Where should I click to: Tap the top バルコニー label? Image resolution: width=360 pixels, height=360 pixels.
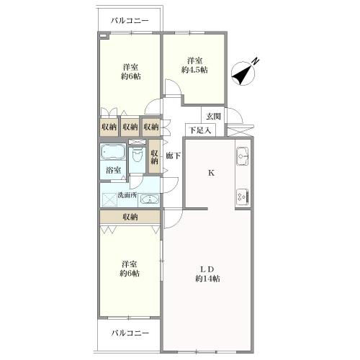(x=130, y=21)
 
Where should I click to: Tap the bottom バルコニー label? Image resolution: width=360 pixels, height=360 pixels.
(x=130, y=333)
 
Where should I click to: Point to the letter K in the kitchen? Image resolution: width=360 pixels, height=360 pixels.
(x=211, y=173)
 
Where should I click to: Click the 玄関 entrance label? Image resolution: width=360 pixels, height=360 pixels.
(x=212, y=117)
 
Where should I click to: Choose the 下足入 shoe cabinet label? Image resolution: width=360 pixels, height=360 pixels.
(x=199, y=130)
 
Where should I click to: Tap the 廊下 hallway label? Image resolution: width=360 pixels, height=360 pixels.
(x=173, y=156)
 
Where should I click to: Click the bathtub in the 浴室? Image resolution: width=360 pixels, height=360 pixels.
(x=112, y=153)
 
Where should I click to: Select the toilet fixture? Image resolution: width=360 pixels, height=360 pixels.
(x=137, y=154)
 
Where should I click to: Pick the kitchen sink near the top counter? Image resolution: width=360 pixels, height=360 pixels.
(x=242, y=153)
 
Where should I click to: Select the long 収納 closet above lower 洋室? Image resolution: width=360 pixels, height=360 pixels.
(x=130, y=217)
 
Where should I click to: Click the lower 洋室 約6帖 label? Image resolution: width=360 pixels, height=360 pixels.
(x=130, y=269)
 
